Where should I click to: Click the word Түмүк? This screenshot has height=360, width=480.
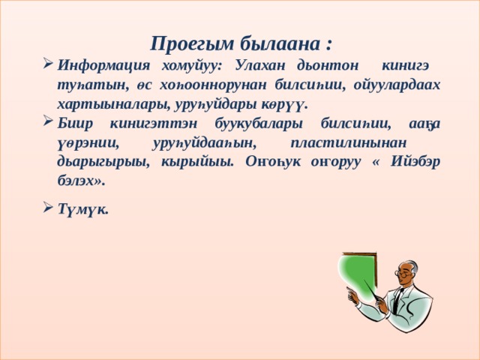[82, 209]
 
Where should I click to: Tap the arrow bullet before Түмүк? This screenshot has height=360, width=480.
[49, 209]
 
